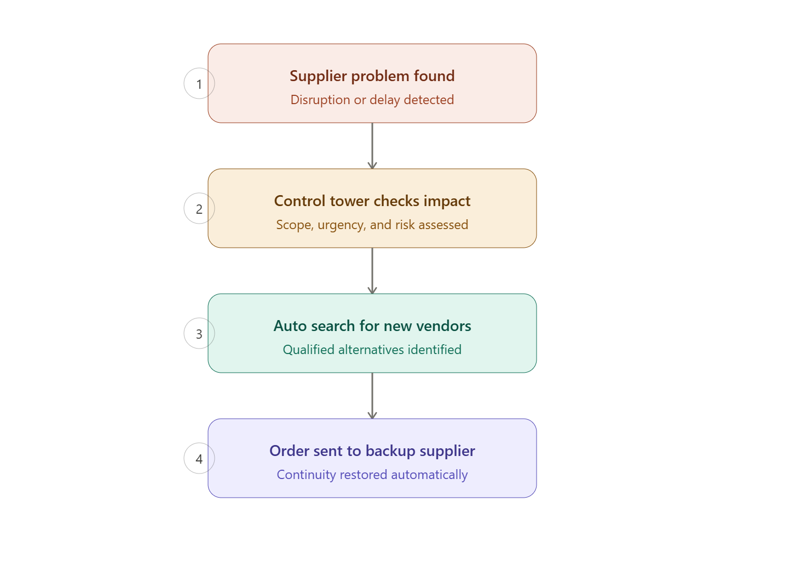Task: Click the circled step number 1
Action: tap(199, 83)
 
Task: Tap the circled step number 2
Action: tap(199, 209)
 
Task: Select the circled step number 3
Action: tap(199, 333)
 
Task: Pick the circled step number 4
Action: tap(199, 458)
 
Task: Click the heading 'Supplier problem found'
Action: tap(372, 76)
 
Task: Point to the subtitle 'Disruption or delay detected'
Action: tap(372, 100)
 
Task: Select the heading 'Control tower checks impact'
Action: tap(372, 202)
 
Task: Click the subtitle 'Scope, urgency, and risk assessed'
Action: tap(372, 225)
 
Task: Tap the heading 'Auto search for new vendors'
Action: tap(372, 326)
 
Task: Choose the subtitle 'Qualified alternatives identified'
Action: tap(372, 350)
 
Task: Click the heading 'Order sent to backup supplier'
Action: tap(372, 451)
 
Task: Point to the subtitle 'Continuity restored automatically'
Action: tap(372, 475)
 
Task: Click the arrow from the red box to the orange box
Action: tap(372, 146)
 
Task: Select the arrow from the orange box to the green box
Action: tap(372, 271)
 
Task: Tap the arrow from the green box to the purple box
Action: tap(372, 396)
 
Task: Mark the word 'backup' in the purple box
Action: tap(390, 451)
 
